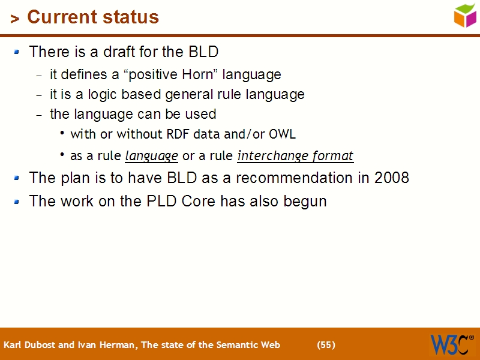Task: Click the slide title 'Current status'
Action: (93, 17)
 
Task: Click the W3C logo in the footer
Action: (451, 344)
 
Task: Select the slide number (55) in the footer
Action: (326, 345)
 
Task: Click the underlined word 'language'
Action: (151, 156)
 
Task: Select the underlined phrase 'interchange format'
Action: (295, 156)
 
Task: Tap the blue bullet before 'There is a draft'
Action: (17, 52)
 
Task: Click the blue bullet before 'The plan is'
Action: (17, 178)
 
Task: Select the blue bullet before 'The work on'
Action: (17, 201)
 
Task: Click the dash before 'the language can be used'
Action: (39, 115)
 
